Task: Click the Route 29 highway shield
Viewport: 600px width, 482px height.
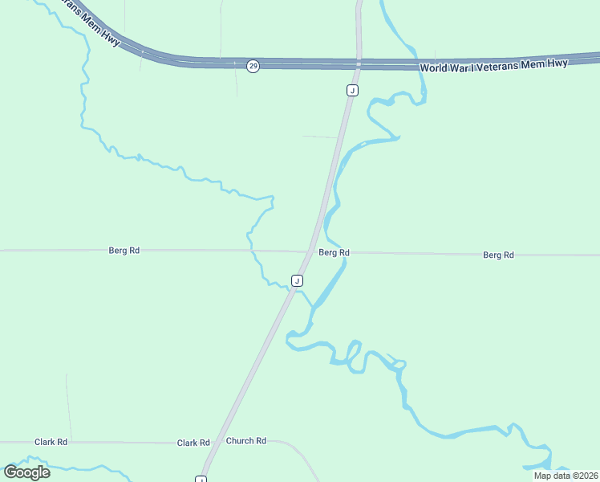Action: [253, 66]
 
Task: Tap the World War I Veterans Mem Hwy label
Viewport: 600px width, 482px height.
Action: [493, 65]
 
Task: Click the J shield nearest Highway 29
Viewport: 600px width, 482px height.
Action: [352, 91]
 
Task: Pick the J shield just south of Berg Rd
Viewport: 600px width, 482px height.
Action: [298, 280]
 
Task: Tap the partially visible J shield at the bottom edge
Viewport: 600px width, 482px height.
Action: [201, 480]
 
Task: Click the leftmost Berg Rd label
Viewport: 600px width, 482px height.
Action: [124, 251]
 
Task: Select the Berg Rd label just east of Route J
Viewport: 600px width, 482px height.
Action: [334, 252]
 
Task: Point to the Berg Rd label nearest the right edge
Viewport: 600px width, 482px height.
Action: [498, 255]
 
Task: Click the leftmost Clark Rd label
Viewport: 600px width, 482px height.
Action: [51, 442]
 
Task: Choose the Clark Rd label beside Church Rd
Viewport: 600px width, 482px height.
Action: [193, 443]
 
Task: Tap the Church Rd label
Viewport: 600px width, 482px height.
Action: [245, 441]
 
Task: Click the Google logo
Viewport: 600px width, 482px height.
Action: [26, 472]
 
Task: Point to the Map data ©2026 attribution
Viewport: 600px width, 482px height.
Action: [565, 476]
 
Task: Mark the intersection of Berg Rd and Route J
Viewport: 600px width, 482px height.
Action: [310, 251]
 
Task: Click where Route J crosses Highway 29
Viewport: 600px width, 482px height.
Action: [359, 63]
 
